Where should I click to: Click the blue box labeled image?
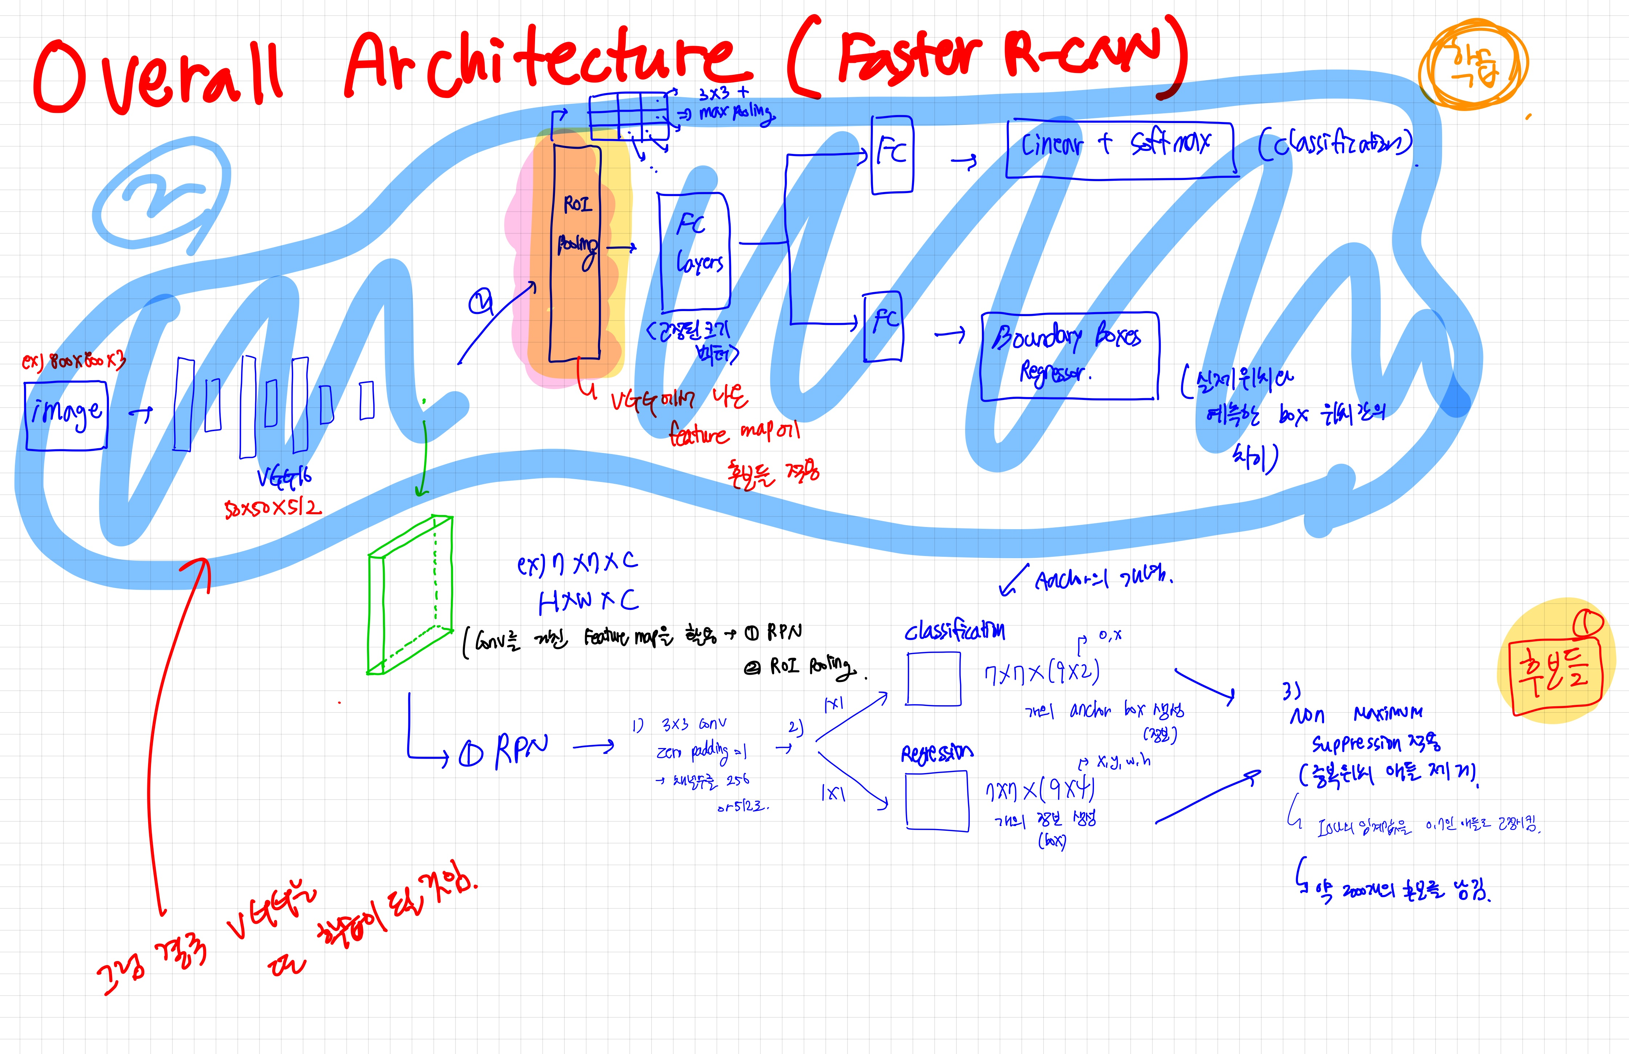pyautogui.click(x=66, y=416)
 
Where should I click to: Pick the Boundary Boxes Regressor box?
pyautogui.click(x=1069, y=356)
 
